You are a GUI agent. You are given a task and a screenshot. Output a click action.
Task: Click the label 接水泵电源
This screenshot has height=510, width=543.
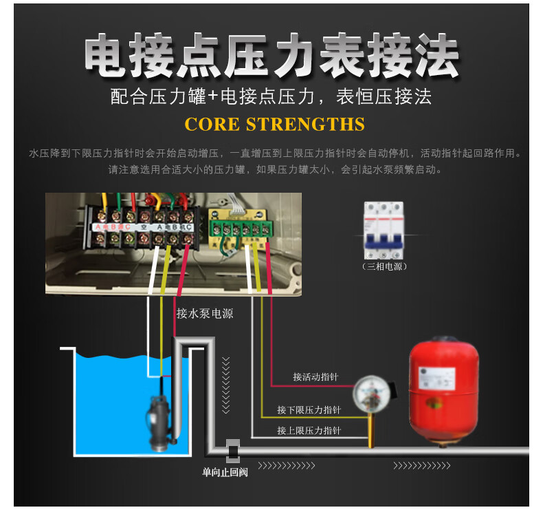tap(205, 313)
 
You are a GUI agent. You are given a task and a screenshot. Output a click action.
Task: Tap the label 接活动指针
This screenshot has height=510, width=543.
tap(315, 376)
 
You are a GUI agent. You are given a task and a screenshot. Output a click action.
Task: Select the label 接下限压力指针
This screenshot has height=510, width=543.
tap(309, 410)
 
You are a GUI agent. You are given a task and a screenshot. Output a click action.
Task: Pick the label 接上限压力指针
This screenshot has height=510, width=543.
tap(309, 431)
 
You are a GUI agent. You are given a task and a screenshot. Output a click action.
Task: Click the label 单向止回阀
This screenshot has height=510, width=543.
tap(225, 472)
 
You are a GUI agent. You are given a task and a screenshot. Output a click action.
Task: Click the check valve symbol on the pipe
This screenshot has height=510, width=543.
tap(233, 451)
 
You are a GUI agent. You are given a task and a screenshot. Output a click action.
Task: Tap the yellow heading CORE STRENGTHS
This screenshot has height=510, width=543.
tap(275, 125)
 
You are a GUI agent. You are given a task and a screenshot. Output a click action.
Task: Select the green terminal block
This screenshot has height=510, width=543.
tap(240, 228)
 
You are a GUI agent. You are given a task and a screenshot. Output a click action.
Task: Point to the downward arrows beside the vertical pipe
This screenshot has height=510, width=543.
tap(225, 385)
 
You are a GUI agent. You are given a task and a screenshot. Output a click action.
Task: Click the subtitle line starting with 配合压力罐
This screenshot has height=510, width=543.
tap(271, 96)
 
